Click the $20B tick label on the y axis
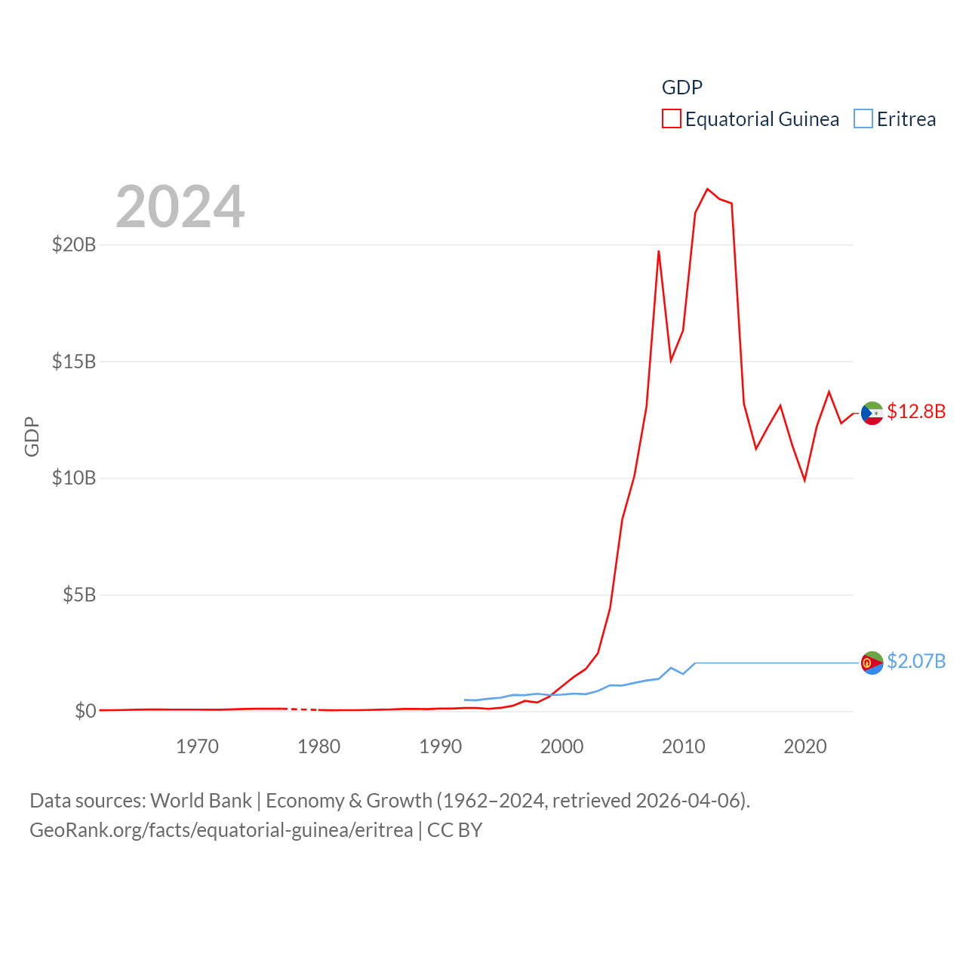(x=74, y=245)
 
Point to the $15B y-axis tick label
(x=74, y=361)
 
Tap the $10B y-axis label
(x=74, y=478)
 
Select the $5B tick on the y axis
(x=79, y=595)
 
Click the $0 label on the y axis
(x=85, y=711)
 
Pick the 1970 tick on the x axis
(x=197, y=746)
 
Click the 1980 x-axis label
(x=318, y=746)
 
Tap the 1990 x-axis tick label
(x=440, y=746)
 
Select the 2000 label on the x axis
(x=561, y=746)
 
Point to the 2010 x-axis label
(x=683, y=746)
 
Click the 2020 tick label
(x=805, y=746)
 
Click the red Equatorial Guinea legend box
(x=671, y=119)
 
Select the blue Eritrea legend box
(x=863, y=119)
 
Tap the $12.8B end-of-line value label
(x=916, y=411)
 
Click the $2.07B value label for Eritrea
(x=916, y=661)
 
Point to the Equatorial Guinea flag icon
(x=872, y=414)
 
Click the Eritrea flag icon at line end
(x=872, y=663)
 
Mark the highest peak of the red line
(x=707, y=189)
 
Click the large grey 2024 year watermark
(x=180, y=207)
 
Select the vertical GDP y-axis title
(x=32, y=436)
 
